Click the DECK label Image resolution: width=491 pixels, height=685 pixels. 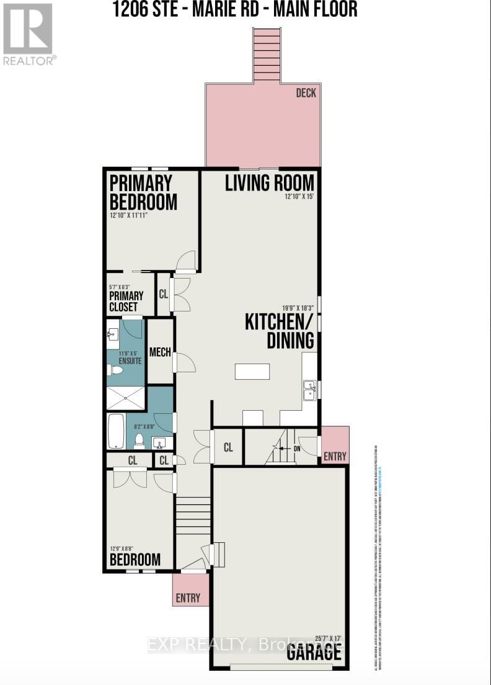pyautogui.click(x=306, y=93)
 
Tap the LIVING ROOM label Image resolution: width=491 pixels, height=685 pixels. pyautogui.click(x=269, y=183)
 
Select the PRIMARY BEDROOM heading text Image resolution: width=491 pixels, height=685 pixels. pyautogui.click(x=143, y=192)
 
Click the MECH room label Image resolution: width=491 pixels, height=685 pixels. pyautogui.click(x=160, y=352)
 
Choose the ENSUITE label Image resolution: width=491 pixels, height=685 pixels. pyautogui.click(x=130, y=360)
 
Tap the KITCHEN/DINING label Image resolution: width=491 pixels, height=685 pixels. pyautogui.click(x=280, y=331)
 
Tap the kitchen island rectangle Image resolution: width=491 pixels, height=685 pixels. pyautogui.click(x=252, y=371)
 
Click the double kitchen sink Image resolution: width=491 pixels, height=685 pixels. pyautogui.click(x=309, y=391)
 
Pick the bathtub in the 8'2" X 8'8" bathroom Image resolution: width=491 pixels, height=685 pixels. pyautogui.click(x=117, y=431)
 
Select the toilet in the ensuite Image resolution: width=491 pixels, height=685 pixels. pyautogui.click(x=115, y=370)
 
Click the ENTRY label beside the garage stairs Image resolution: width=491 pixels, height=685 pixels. pyautogui.click(x=335, y=457)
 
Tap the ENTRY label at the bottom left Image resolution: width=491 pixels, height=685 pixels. pyautogui.click(x=188, y=598)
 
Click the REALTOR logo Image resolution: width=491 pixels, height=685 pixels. pyautogui.click(x=29, y=34)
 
